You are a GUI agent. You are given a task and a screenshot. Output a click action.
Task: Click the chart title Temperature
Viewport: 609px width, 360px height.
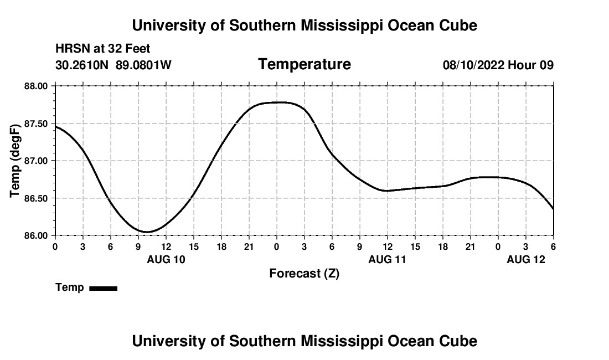304,64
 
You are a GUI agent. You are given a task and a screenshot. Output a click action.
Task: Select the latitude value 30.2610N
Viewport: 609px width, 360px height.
83,65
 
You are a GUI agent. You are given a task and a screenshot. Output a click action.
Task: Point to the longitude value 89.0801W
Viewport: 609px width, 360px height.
143,65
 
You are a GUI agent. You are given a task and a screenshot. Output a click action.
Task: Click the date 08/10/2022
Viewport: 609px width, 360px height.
474,65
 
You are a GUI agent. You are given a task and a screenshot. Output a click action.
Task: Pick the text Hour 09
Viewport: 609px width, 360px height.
531,65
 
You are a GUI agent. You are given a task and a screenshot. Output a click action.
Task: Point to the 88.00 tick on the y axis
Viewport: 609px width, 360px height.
36,86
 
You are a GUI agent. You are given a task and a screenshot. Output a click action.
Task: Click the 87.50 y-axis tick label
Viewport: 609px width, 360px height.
36,124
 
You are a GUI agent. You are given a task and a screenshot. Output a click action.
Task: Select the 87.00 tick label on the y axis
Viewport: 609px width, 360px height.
36,161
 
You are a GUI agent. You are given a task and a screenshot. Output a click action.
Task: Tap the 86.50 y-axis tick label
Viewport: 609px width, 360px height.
36,198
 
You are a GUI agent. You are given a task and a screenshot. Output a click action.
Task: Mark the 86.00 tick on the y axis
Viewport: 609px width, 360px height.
36,235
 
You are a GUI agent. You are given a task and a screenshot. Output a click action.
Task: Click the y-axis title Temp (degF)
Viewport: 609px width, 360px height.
16,161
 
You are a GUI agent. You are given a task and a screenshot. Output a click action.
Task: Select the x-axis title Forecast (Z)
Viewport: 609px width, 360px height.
304,274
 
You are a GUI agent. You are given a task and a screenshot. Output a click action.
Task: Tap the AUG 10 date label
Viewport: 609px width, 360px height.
166,259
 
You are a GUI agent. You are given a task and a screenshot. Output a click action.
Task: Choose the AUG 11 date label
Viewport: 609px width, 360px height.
388,259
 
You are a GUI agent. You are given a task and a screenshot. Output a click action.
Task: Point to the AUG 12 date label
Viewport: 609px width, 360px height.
526,259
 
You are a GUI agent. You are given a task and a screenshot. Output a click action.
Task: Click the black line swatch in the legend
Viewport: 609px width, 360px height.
103,288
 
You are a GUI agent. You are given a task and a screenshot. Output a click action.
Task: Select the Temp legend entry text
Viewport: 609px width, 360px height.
70,287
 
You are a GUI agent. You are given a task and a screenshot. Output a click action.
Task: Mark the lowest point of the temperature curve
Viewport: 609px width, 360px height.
147,232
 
